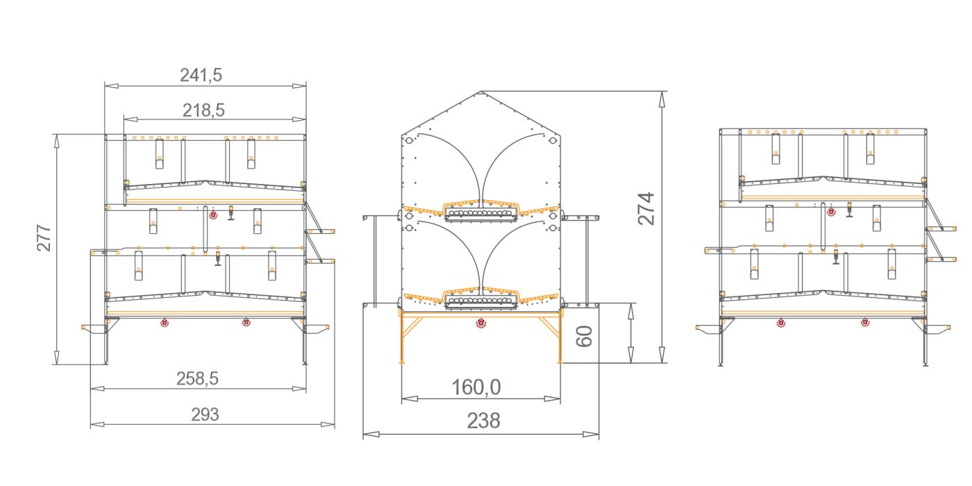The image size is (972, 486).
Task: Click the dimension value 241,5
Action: tap(201, 75)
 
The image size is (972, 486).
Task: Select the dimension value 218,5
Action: tap(203, 110)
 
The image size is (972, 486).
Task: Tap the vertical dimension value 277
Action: tap(44, 237)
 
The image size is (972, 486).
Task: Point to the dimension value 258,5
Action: tap(197, 378)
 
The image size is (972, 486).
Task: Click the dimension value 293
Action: tap(206, 414)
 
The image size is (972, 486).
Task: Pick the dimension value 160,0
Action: tap(476, 387)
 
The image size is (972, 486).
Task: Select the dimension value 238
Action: tap(483, 421)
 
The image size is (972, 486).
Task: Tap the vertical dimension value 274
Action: tap(646, 209)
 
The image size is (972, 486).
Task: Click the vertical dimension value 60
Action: tap(584, 336)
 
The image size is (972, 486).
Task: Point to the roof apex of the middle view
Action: tap(480, 91)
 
